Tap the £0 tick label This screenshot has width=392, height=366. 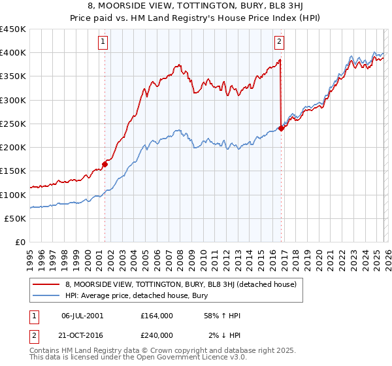[x=20, y=242]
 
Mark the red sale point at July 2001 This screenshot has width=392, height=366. [x=105, y=165]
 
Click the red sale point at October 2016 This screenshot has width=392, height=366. [x=281, y=129]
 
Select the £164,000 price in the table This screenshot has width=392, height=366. [x=156, y=316]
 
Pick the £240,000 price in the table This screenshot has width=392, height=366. [x=156, y=335]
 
